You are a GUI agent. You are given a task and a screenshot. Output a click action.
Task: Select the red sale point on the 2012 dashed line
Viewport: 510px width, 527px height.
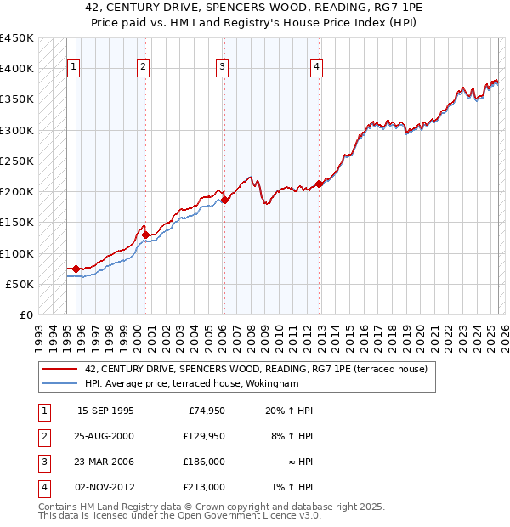coord(319,183)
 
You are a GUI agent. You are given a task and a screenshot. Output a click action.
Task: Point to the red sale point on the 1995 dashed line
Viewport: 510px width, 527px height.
coord(76,269)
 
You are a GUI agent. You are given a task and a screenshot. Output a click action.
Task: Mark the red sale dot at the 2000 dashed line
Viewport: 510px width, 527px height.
coord(145,235)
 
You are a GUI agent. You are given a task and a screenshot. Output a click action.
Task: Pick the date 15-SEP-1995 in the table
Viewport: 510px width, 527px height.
coord(105,411)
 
